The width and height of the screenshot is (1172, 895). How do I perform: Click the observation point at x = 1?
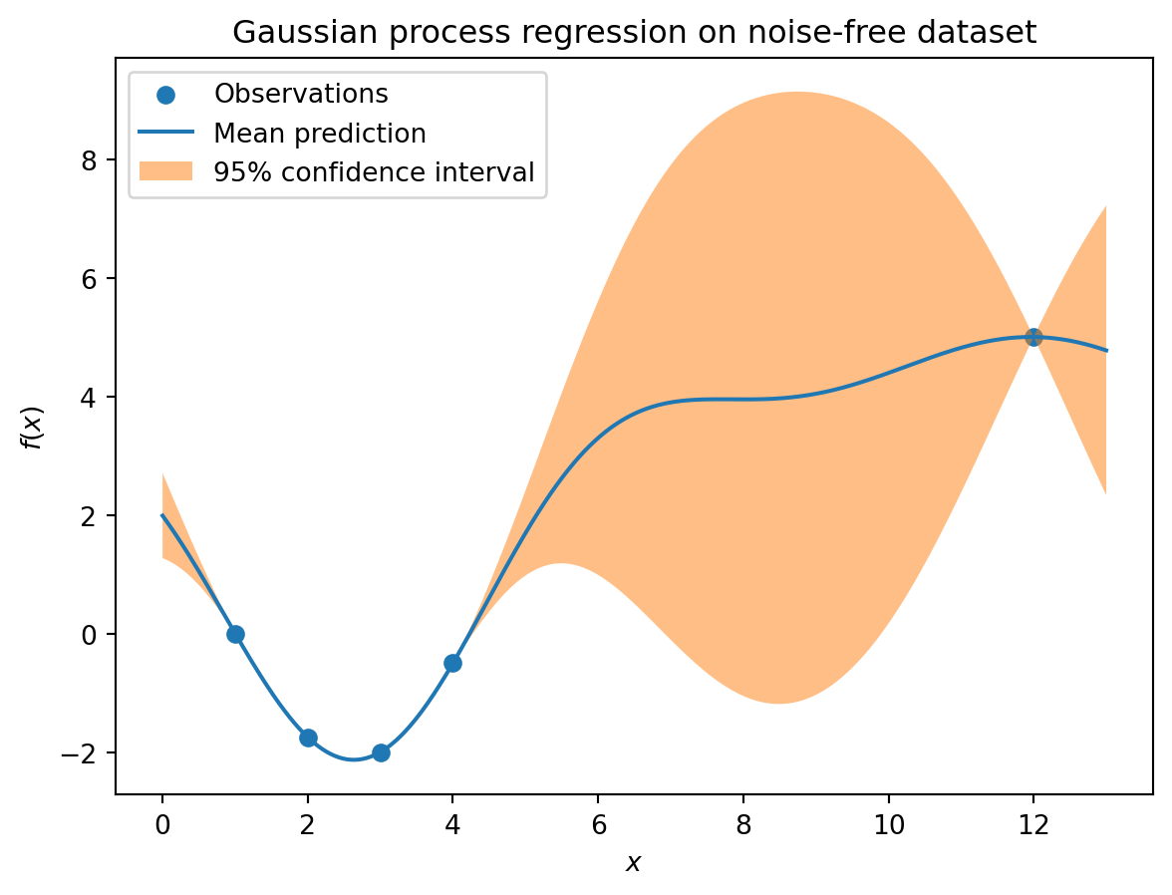point(235,634)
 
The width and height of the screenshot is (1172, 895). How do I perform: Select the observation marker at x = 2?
point(308,738)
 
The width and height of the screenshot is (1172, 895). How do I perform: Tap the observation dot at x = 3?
point(381,752)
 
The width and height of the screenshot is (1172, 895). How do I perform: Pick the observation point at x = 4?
point(452,663)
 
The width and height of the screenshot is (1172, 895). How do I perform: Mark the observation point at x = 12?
point(1033,337)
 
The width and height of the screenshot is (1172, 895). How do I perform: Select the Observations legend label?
point(301,94)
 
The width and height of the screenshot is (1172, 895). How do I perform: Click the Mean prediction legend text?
point(320,134)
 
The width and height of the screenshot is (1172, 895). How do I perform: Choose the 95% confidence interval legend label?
point(375,172)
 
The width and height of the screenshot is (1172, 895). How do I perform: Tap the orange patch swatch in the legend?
point(165,171)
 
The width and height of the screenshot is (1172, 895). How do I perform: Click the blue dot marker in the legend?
point(165,95)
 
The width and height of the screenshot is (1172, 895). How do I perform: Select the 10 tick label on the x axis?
point(889,824)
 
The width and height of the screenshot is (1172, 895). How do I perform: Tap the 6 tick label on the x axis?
point(598,824)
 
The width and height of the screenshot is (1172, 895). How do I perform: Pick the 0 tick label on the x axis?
point(162,824)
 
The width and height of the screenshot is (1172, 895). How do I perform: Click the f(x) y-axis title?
point(33,429)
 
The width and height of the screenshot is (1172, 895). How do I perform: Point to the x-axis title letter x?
point(634,864)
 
